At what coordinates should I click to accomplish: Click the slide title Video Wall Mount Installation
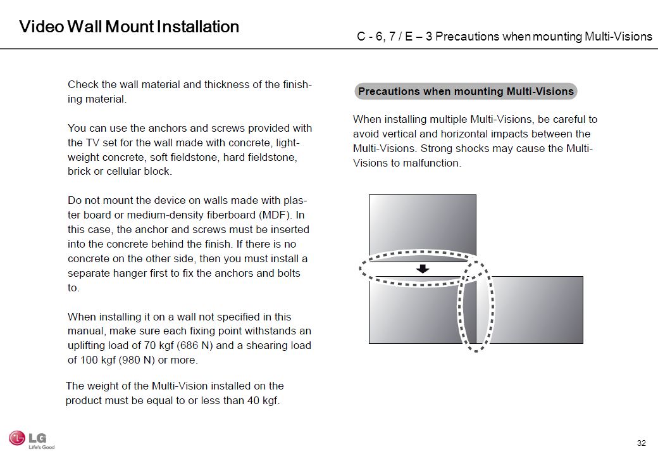coord(129,27)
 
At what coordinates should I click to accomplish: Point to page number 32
coord(642,442)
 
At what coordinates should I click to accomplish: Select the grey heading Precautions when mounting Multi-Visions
coord(466,91)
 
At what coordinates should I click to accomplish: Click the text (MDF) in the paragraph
coord(273,215)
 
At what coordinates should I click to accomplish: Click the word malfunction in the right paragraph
coord(428,163)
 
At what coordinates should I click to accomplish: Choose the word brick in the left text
coord(79,172)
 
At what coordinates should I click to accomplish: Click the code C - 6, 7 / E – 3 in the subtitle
coord(394,36)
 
